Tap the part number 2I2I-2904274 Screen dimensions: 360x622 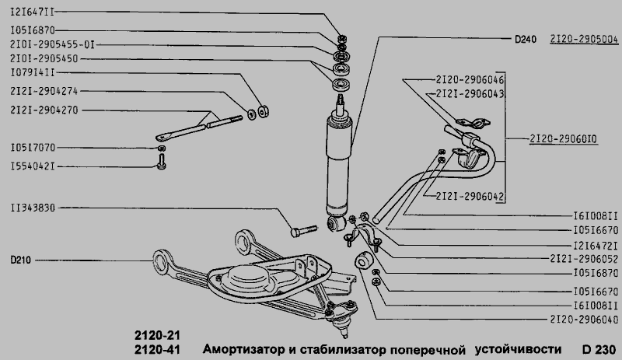[44, 90]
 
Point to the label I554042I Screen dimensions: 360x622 [32, 166]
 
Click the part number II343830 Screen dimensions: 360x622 [32, 208]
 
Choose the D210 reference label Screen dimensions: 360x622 [21, 260]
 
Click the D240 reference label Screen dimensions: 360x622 [526, 38]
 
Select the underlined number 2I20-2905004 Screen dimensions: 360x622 [584, 38]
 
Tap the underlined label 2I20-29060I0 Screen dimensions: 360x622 [563, 138]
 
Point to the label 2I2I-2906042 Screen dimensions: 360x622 [470, 195]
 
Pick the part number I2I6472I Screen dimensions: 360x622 [583, 245]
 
